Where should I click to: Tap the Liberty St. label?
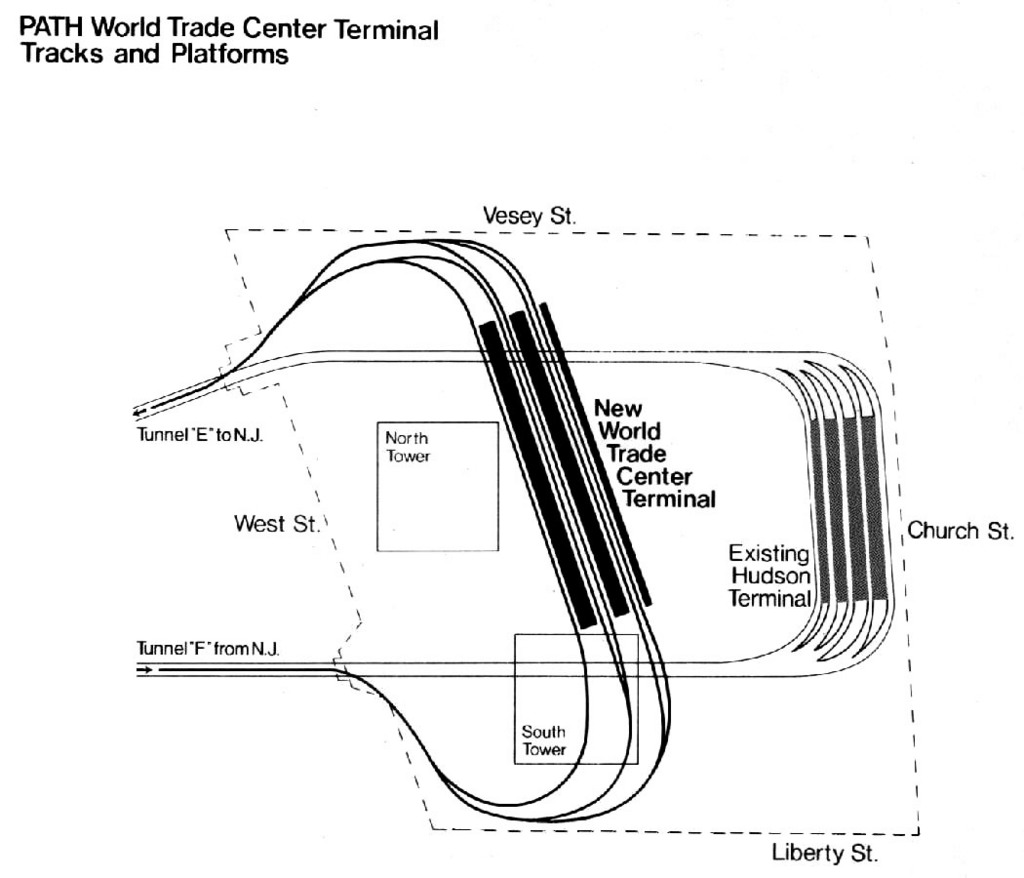(x=824, y=855)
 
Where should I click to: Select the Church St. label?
(x=959, y=531)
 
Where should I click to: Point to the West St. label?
(x=276, y=523)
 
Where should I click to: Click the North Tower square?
(x=437, y=486)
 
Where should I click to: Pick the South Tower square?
(x=575, y=698)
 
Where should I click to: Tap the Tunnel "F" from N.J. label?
(x=208, y=650)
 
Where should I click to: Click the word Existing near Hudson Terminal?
(x=767, y=553)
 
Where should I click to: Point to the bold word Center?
(x=655, y=476)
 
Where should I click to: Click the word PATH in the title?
(x=51, y=30)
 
